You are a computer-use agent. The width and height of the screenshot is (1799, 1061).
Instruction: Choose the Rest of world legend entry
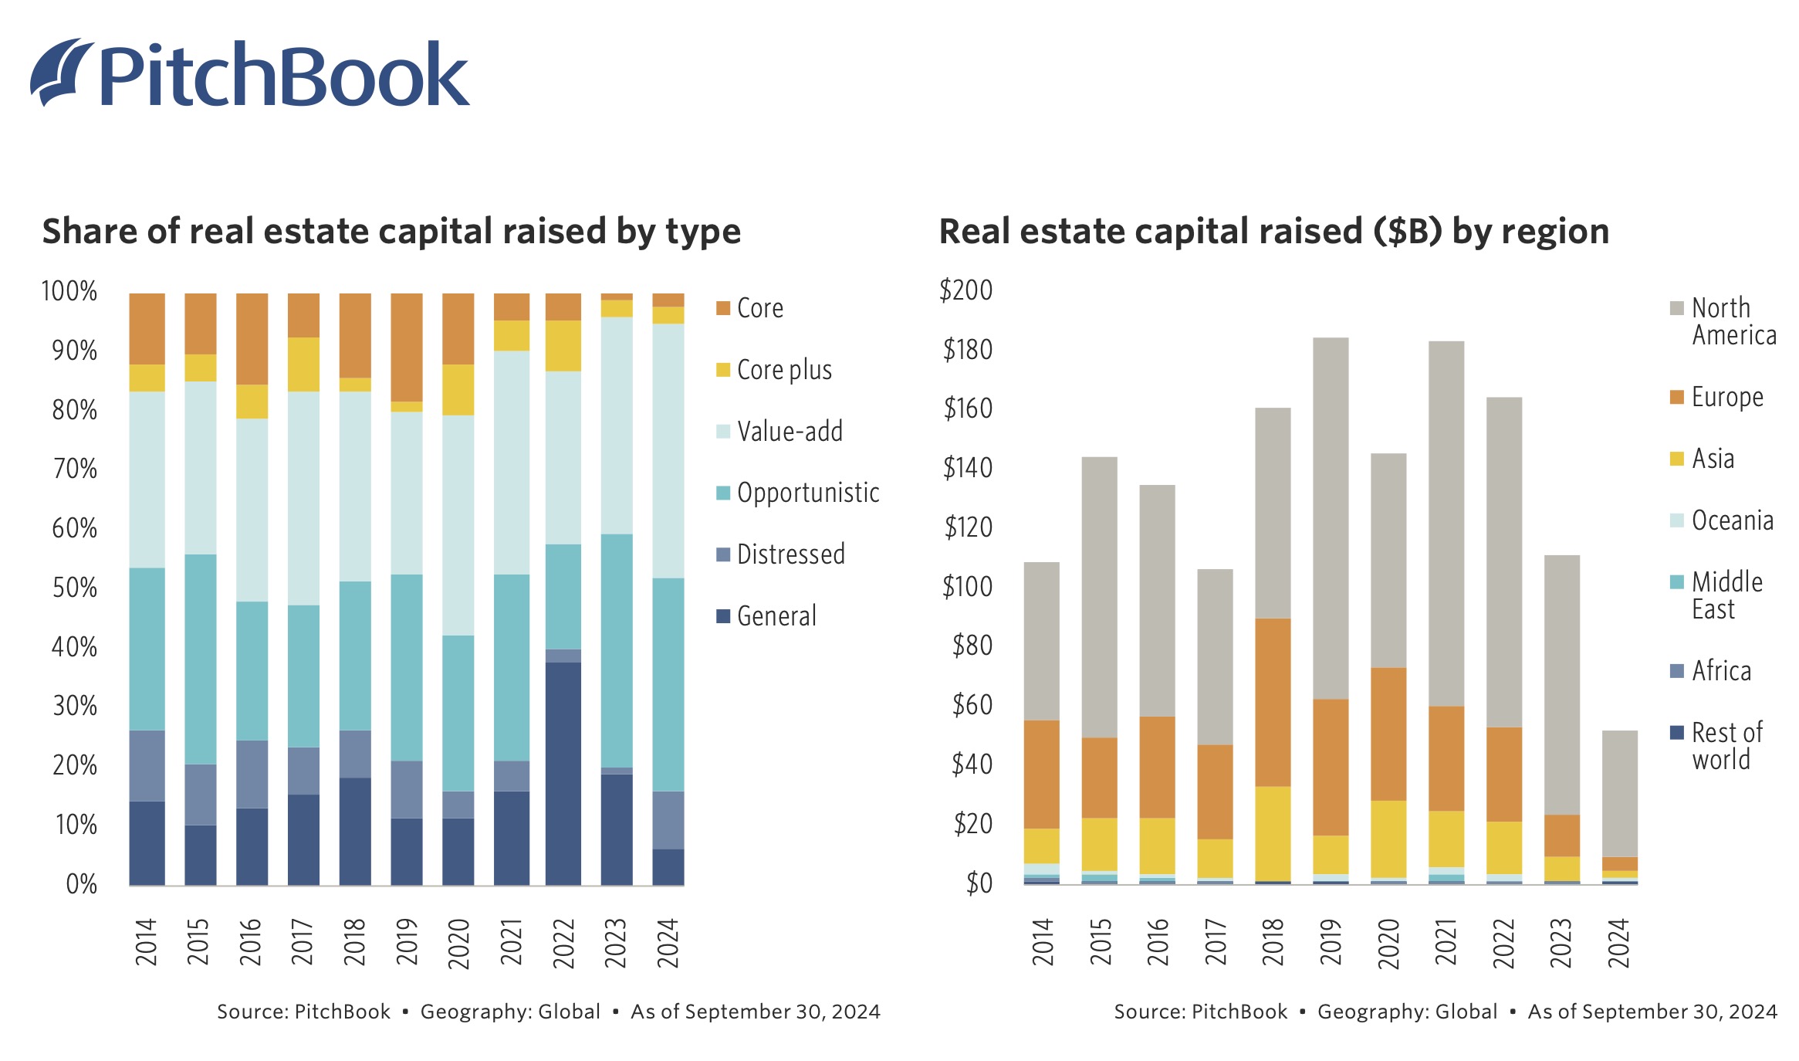(x=1726, y=746)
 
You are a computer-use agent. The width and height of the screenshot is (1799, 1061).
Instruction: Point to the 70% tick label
(x=74, y=469)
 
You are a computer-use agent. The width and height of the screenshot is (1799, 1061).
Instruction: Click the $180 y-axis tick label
(x=967, y=350)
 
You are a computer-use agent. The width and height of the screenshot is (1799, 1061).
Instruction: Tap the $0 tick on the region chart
(x=979, y=883)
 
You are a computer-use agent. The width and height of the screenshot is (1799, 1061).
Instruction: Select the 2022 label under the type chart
(x=563, y=943)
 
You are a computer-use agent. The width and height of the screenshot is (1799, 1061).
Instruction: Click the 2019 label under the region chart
(x=1331, y=943)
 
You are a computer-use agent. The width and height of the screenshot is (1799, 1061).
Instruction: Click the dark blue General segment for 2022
(x=563, y=772)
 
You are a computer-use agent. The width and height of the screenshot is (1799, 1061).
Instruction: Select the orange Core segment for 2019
(x=407, y=347)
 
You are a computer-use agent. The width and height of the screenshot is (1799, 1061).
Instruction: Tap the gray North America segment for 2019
(x=1331, y=517)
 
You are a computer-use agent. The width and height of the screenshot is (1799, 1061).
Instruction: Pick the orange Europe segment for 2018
(x=1273, y=702)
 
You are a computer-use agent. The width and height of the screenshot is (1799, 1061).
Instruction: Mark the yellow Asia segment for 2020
(x=1388, y=839)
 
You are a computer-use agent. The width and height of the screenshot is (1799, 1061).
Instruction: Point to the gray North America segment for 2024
(x=1619, y=793)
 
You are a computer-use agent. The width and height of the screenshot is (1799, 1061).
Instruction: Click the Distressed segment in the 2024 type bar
(x=668, y=819)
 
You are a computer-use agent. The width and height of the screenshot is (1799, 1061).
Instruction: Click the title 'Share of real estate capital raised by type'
(x=391, y=231)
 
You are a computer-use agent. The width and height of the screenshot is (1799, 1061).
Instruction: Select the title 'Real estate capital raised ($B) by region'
(x=1273, y=231)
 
